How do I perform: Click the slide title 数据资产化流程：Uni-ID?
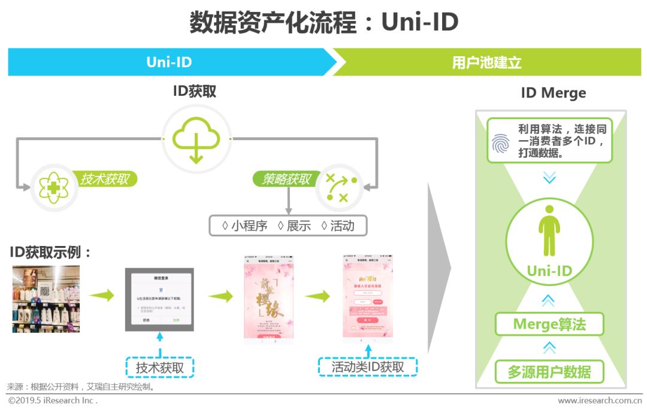(323, 23)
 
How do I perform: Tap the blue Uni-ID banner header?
(169, 62)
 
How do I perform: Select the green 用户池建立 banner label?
(486, 63)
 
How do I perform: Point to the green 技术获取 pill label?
(105, 179)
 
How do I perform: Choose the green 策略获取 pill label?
(287, 179)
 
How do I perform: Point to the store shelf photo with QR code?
(46, 299)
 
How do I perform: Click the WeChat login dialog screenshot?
(159, 299)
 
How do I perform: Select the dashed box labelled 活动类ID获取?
(368, 366)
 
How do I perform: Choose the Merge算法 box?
(549, 324)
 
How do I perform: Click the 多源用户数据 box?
(549, 372)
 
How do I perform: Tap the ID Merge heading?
(553, 93)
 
